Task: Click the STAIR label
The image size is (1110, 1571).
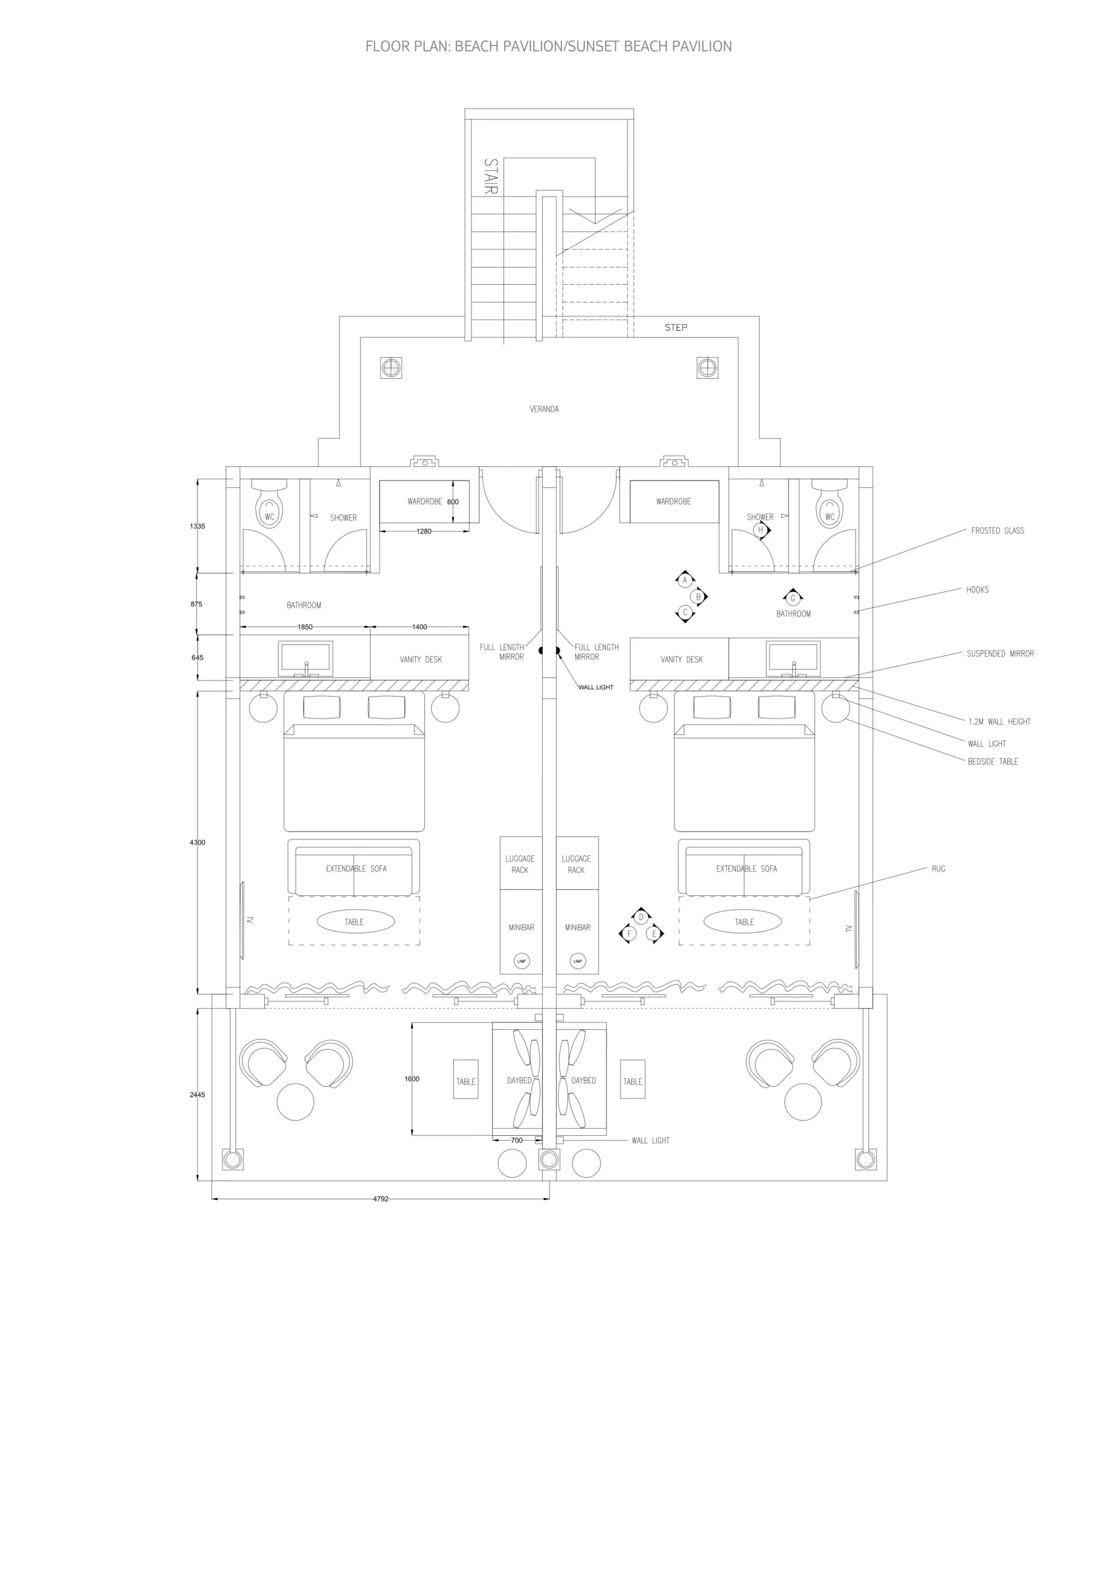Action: click(x=491, y=177)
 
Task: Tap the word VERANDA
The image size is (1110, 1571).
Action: click(x=545, y=409)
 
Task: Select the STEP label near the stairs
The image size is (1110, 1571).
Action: click(x=676, y=327)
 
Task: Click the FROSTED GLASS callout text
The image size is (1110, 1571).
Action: click(x=997, y=530)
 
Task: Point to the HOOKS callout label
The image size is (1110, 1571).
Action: click(x=978, y=589)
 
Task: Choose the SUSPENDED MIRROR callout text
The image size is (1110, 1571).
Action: click(x=1000, y=654)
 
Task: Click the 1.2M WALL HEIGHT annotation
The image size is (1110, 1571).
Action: click(x=999, y=721)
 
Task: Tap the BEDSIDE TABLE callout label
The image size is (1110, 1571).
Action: click(x=992, y=761)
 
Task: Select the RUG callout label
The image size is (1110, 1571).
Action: click(x=938, y=868)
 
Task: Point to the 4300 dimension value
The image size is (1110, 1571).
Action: click(x=197, y=843)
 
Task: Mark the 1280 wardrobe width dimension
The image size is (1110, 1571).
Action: click(x=424, y=531)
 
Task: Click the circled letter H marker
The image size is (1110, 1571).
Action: click(x=760, y=530)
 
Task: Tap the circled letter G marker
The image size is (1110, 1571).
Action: click(x=793, y=598)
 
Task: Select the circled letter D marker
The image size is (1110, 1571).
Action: click(x=641, y=917)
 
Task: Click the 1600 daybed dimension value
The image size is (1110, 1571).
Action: click(x=411, y=1078)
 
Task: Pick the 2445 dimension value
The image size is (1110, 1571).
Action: click(x=197, y=1094)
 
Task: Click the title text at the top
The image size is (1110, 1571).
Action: click(x=548, y=47)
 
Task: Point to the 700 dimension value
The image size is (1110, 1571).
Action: click(x=517, y=1140)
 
